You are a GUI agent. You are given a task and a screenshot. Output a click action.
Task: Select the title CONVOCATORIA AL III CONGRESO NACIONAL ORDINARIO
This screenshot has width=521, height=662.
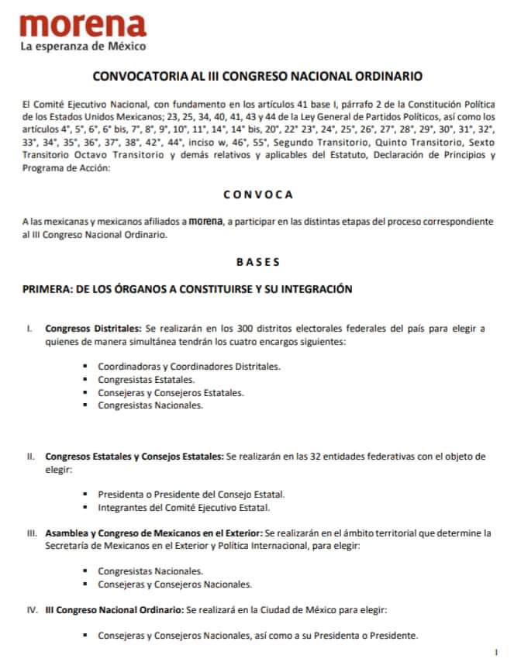tap(257, 78)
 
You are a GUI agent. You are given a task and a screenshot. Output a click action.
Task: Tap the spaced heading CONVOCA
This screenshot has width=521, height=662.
tap(257, 195)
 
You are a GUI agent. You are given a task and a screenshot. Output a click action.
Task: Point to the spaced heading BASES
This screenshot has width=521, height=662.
tap(258, 262)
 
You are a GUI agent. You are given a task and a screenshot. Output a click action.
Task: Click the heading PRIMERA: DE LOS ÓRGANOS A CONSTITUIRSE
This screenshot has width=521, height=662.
tap(188, 289)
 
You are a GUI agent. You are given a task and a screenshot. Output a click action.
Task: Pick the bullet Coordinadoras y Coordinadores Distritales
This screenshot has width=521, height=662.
tap(189, 366)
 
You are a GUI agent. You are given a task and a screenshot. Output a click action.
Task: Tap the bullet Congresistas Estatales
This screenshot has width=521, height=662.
tap(146, 379)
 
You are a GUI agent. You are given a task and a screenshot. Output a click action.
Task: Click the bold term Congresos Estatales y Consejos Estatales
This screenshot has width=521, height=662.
tap(134, 456)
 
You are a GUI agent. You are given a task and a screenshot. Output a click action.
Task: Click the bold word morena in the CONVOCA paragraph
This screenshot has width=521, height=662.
tap(203, 221)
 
